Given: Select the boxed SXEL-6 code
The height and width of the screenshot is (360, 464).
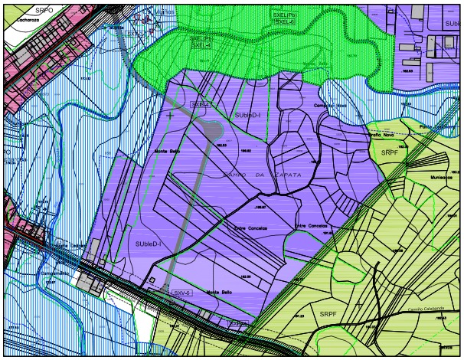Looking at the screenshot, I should coord(286,23).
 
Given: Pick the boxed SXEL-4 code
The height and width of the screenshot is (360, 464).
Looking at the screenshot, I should coord(201,45).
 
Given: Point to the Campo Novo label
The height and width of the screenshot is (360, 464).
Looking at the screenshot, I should coord(331,106).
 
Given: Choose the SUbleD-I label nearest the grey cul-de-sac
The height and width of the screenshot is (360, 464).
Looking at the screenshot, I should coord(247,115).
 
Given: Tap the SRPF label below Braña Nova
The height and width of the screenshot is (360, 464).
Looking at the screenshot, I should coord(390,153).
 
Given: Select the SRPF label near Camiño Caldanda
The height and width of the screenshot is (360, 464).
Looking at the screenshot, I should coord(328,314).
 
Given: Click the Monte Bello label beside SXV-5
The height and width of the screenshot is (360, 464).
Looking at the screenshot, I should coord(220,292).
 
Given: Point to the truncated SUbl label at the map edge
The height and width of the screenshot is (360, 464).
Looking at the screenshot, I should coord(450,24).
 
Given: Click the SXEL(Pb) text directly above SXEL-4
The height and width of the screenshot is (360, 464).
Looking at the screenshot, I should coord(201,38).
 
